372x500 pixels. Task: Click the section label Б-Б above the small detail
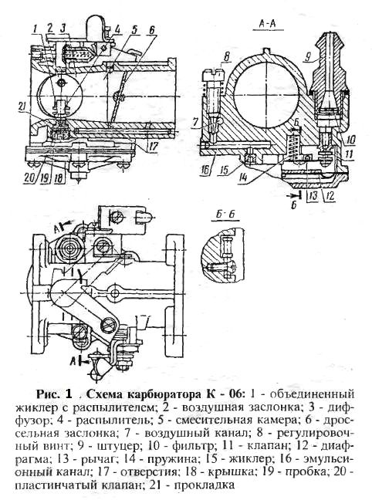225,214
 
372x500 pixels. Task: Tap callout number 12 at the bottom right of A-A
331,195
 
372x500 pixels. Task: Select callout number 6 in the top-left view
152,30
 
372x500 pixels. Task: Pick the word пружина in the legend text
171,459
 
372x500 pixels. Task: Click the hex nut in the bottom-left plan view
68,248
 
